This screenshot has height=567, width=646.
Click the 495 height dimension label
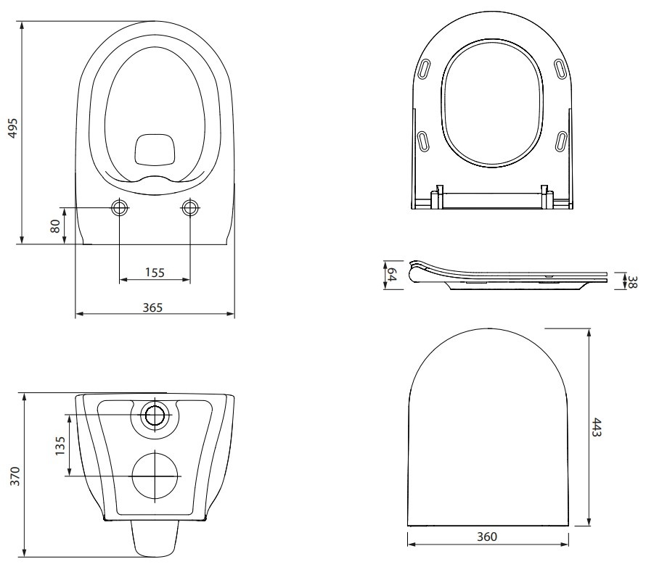(x=13, y=128)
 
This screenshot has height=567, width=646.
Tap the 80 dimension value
(x=55, y=226)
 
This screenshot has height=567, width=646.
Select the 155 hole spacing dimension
(x=155, y=273)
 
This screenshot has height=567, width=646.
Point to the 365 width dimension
(x=153, y=307)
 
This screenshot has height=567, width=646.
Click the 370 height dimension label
(x=15, y=476)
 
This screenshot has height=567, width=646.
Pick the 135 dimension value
(x=60, y=446)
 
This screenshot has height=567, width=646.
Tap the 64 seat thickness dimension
(x=392, y=275)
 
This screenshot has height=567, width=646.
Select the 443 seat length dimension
(x=597, y=427)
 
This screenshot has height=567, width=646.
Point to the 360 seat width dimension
(x=487, y=537)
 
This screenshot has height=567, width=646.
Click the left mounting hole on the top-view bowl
(x=120, y=208)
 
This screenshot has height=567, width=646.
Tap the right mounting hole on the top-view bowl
(x=190, y=208)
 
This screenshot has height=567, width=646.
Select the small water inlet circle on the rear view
(x=155, y=415)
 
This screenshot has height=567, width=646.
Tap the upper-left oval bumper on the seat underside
(x=424, y=69)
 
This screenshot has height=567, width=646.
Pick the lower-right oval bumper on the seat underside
(x=561, y=141)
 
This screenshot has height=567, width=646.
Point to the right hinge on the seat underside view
(x=547, y=196)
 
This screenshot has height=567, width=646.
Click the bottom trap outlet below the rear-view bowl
(x=155, y=538)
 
